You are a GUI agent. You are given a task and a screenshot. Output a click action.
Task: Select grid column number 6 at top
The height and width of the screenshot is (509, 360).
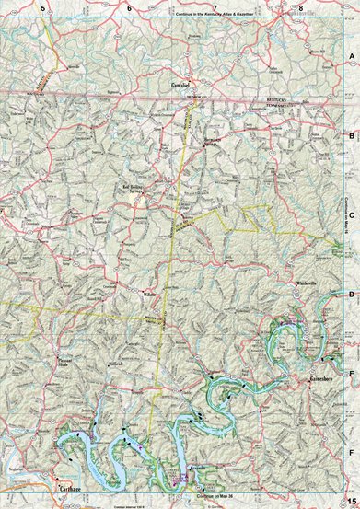click(129, 7)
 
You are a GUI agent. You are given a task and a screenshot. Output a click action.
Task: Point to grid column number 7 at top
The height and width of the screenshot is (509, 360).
click(215, 7)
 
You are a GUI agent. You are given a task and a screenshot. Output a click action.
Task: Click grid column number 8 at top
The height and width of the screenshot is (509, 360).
click(300, 7)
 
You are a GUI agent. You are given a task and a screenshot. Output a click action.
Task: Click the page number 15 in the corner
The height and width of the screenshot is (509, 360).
click(351, 500)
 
